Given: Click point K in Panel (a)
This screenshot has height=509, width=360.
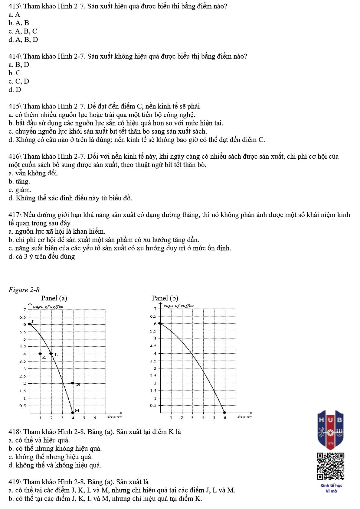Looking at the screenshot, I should click(x=40, y=354).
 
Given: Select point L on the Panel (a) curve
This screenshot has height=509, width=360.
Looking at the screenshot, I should click(x=51, y=354).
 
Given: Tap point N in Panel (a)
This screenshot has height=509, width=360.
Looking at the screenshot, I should click(x=73, y=383).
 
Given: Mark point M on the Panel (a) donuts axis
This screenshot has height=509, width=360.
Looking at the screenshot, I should click(x=73, y=413).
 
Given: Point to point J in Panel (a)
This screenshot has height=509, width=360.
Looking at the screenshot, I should click(x=29, y=324).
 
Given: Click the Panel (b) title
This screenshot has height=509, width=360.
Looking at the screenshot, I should click(x=165, y=298).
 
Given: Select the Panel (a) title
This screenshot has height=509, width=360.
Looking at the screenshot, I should click(x=54, y=298).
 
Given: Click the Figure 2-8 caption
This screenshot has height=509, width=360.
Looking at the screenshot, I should click(x=24, y=290).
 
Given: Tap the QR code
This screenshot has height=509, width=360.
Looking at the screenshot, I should click(x=331, y=466).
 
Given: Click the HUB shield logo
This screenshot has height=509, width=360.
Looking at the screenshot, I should click(x=330, y=429).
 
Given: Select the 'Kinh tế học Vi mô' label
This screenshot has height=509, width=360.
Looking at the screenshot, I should click(x=331, y=488).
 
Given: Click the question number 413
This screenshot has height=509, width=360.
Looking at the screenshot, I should click(x=14, y=6).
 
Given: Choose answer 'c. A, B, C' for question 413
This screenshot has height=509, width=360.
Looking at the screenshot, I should click(x=23, y=31).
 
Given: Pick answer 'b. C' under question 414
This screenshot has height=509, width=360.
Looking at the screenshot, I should click(x=15, y=73).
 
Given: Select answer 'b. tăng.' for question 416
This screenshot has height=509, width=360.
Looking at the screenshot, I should click(x=19, y=181).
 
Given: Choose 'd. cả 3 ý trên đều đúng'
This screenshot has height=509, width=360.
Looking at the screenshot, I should click(x=42, y=257).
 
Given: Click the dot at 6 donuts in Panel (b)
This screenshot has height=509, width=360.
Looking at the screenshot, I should click(x=224, y=413).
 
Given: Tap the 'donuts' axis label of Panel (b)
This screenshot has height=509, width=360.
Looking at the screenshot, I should click(x=244, y=417).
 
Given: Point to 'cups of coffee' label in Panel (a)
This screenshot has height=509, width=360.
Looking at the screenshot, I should click(x=48, y=306).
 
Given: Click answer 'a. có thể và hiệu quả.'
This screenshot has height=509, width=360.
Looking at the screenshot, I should click(x=39, y=440).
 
